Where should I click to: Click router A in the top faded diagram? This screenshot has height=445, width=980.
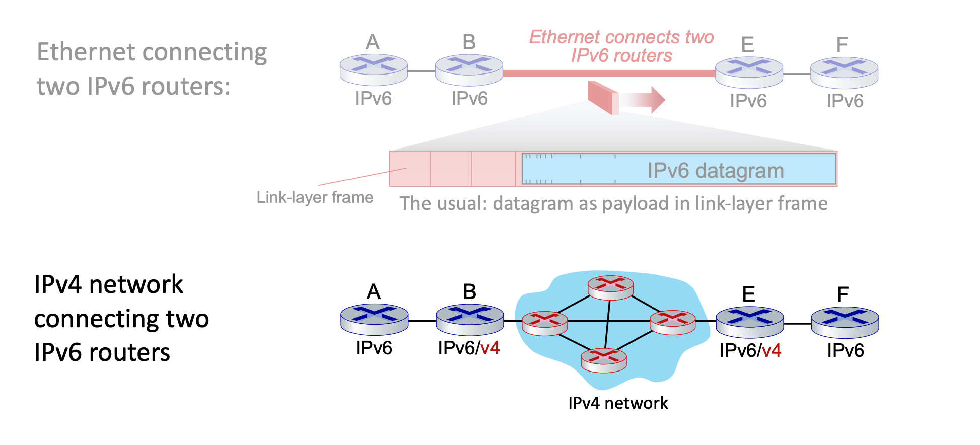click(x=374, y=69)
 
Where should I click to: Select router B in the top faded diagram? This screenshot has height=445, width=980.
click(x=469, y=69)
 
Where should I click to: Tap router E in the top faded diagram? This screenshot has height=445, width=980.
click(x=749, y=72)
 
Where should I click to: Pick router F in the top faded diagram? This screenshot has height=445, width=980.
click(x=844, y=72)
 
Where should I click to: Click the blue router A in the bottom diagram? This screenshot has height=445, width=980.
click(x=374, y=319)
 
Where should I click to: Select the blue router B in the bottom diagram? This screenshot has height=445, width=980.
click(x=469, y=319)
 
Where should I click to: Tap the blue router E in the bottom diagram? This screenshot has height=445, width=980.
click(x=749, y=322)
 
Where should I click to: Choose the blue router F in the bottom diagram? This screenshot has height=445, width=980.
click(x=845, y=322)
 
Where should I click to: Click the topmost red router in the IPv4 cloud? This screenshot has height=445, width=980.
click(x=610, y=287)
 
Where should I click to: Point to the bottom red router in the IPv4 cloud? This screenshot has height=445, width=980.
click(x=603, y=360)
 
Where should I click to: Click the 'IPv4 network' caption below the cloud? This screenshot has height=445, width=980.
click(x=618, y=403)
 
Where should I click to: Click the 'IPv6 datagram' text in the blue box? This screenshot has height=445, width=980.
click(x=715, y=171)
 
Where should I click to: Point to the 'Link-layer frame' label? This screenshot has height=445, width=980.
click(x=315, y=197)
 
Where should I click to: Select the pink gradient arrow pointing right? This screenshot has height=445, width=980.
click(x=643, y=99)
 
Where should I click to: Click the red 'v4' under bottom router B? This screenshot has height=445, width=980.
click(x=490, y=348)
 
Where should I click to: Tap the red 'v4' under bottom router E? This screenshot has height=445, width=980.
click(x=772, y=351)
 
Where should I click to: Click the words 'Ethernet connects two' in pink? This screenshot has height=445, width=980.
click(x=621, y=37)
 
